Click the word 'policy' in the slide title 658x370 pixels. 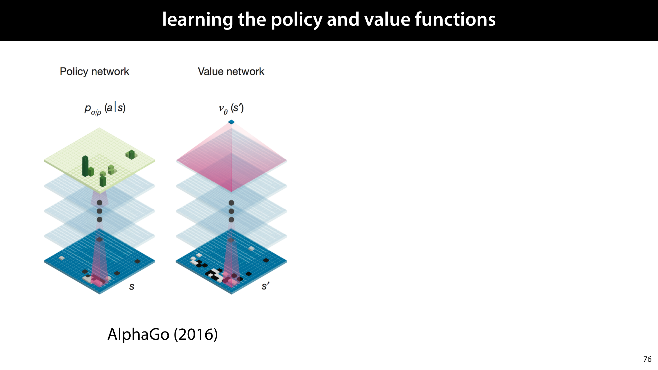[296, 20]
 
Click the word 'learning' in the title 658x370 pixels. [197, 20]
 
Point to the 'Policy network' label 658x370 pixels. [94, 71]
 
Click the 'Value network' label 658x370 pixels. [231, 71]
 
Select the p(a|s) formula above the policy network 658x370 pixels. [105, 109]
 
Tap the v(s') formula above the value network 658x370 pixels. [231, 108]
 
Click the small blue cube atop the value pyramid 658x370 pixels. [231, 122]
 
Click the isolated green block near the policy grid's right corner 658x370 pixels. [131, 154]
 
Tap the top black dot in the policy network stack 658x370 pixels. [99, 203]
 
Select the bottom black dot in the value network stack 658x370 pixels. [231, 220]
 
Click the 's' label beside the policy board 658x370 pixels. [132, 286]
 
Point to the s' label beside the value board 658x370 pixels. [265, 286]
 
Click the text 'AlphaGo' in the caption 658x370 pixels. [138, 334]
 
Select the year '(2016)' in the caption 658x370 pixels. [196, 334]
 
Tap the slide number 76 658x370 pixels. [647, 359]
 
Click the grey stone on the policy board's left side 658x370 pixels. [62, 258]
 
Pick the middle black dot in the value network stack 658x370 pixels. [231, 211]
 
